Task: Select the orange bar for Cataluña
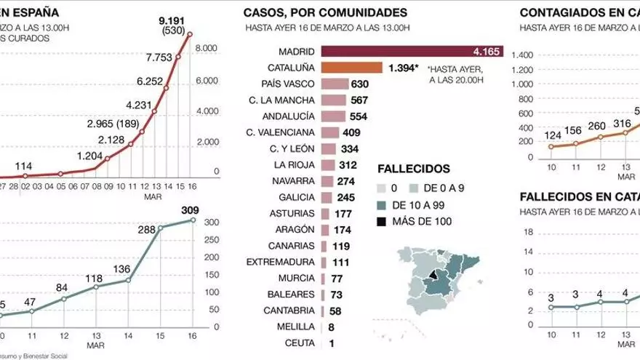351,68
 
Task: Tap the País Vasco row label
291,84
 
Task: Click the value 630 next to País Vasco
360,84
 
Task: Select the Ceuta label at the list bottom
300,343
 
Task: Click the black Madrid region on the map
437,276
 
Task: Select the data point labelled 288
161,228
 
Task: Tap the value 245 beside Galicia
351,197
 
